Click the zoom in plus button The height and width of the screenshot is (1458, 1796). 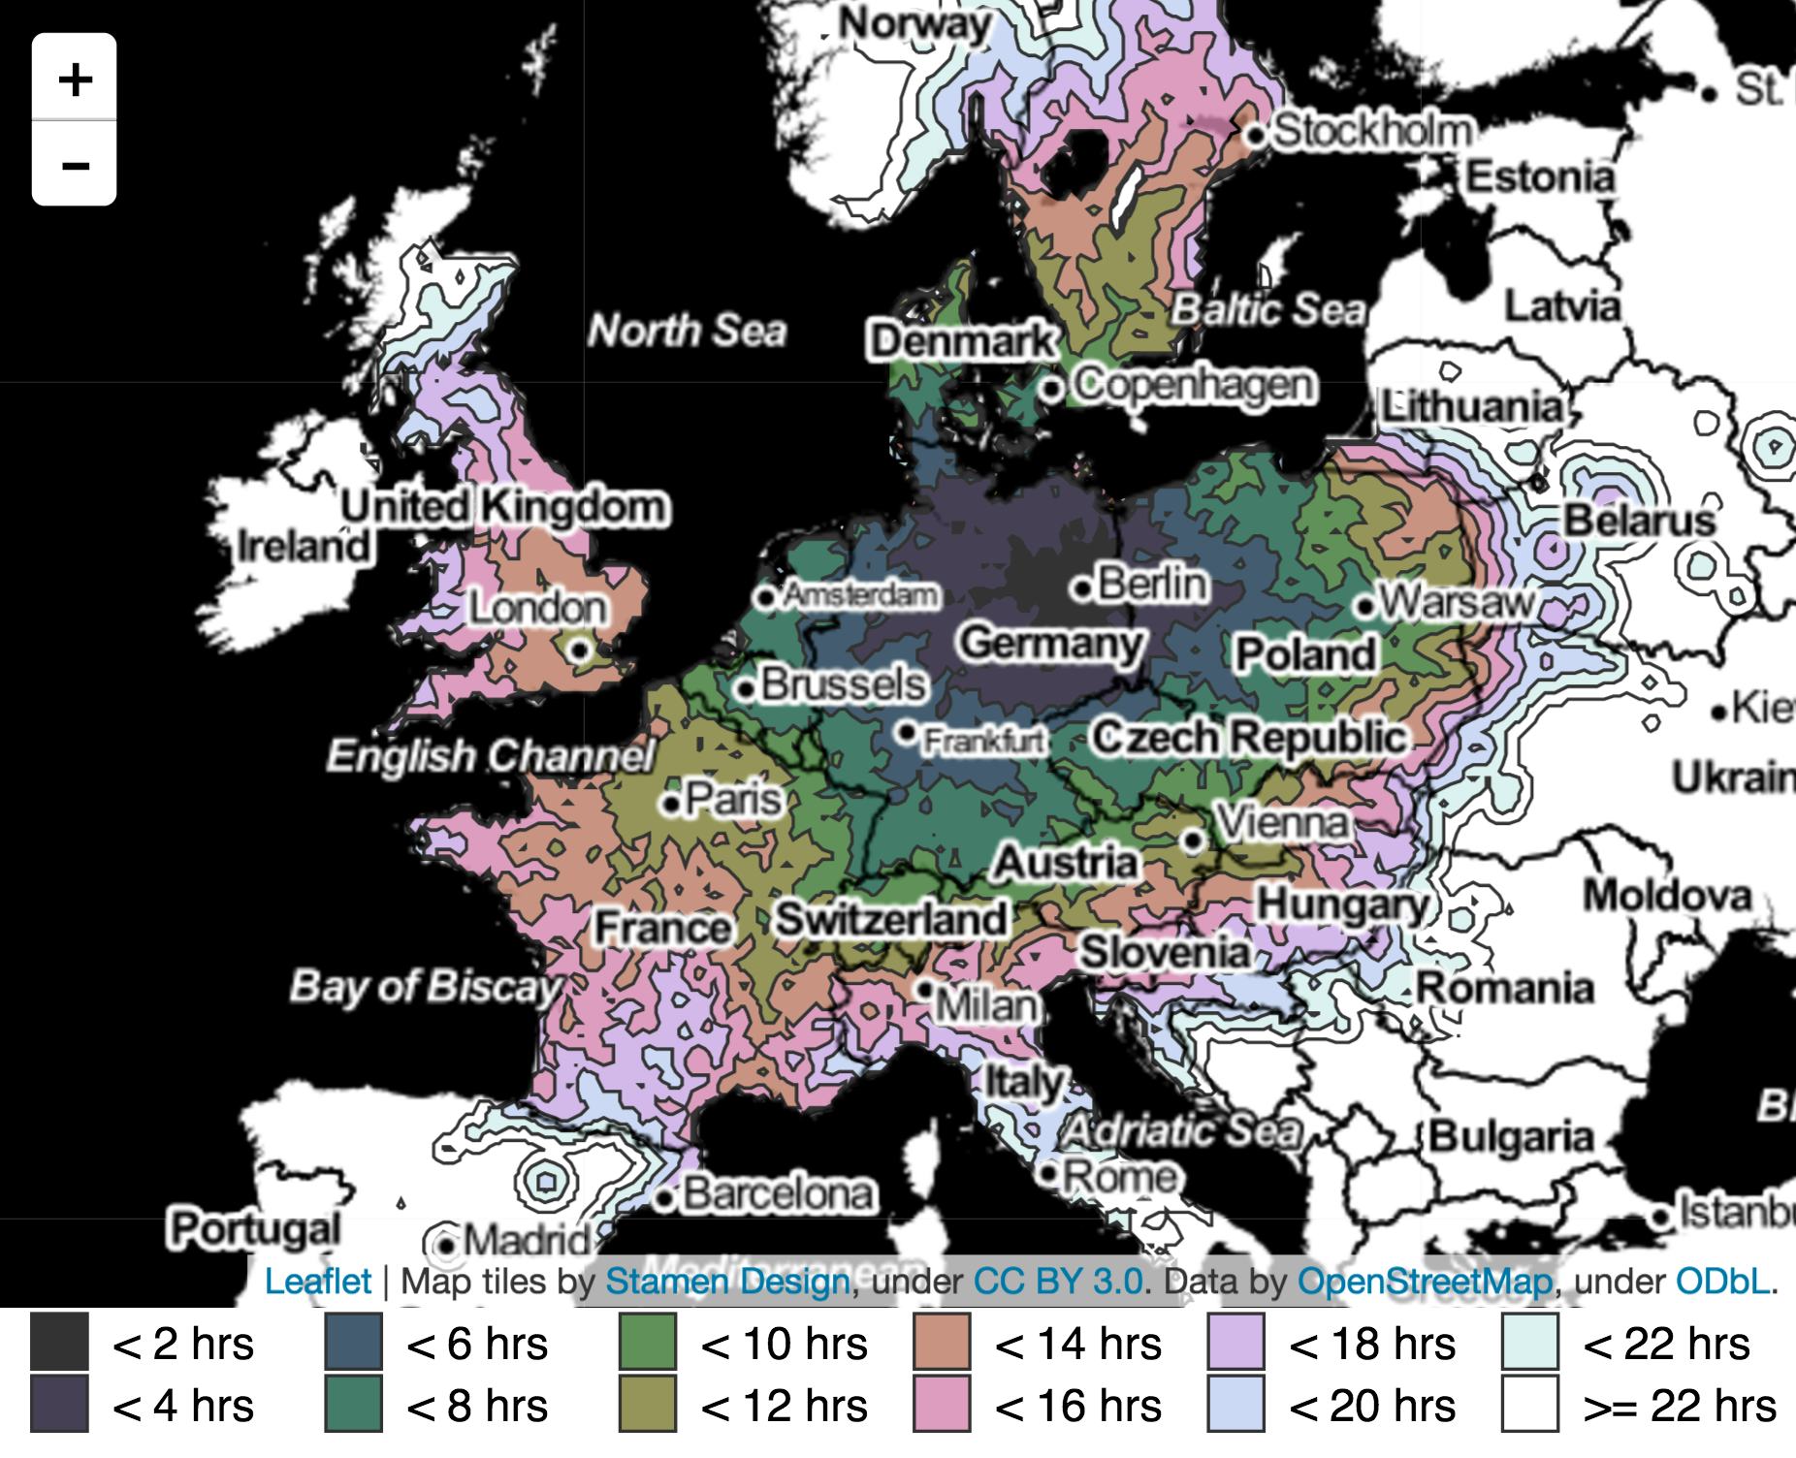(x=75, y=79)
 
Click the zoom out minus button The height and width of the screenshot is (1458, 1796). (x=75, y=164)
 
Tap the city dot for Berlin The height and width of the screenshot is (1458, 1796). (x=1082, y=588)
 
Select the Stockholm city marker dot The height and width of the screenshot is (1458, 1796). (x=1257, y=135)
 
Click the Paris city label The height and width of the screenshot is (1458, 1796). (x=733, y=800)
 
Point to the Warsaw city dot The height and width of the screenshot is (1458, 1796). (x=1365, y=607)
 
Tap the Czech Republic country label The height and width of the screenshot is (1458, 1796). (x=1249, y=738)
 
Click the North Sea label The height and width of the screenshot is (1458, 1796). (x=687, y=332)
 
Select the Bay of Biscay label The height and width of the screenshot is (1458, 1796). (x=425, y=987)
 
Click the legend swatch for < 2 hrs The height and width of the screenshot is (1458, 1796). (x=59, y=1343)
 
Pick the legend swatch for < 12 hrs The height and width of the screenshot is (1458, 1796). (x=647, y=1404)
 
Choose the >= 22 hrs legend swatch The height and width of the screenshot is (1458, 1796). (x=1529, y=1404)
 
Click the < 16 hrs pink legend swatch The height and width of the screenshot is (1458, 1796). (x=942, y=1404)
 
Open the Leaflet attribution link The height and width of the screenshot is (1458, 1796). (x=317, y=1282)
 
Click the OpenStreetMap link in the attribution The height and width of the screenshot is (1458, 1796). (x=1425, y=1282)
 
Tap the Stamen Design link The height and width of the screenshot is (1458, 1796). (x=727, y=1282)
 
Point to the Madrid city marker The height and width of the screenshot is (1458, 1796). (x=445, y=1243)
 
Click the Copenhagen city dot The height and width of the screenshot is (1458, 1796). (x=1052, y=389)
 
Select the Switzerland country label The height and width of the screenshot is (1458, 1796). (x=891, y=918)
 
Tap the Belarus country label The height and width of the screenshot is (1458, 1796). (x=1639, y=521)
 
